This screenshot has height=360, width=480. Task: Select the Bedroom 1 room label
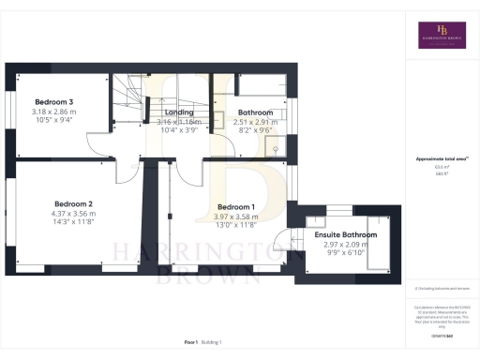236,206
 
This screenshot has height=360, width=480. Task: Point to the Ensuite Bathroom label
346,234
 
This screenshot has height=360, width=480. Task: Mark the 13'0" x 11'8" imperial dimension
236,225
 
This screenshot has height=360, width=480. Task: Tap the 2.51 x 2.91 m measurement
254,122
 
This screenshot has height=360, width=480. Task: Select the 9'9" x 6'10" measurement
346,253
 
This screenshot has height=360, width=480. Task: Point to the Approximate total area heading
440,159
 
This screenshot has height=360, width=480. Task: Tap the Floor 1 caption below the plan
191,342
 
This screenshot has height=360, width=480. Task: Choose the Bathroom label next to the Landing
254,112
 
